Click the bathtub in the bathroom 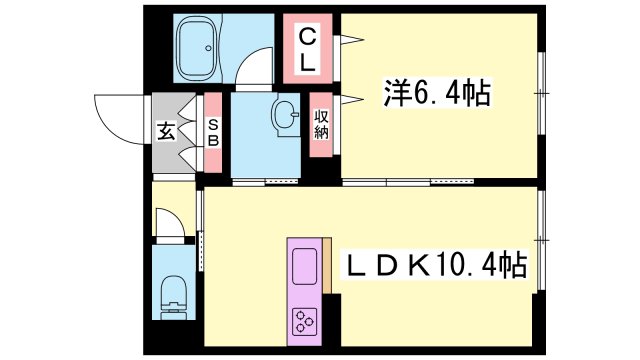coord(198,48)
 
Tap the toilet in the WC coord(174,297)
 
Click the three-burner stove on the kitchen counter coord(304,321)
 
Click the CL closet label coord(307,49)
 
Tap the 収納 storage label coord(321,124)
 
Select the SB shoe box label coord(213,133)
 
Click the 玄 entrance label coord(166,131)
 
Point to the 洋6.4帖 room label coord(437,93)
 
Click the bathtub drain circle coord(209,48)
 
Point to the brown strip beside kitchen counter coord(327,265)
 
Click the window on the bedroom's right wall coord(541,93)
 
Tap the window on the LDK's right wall coord(541,240)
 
